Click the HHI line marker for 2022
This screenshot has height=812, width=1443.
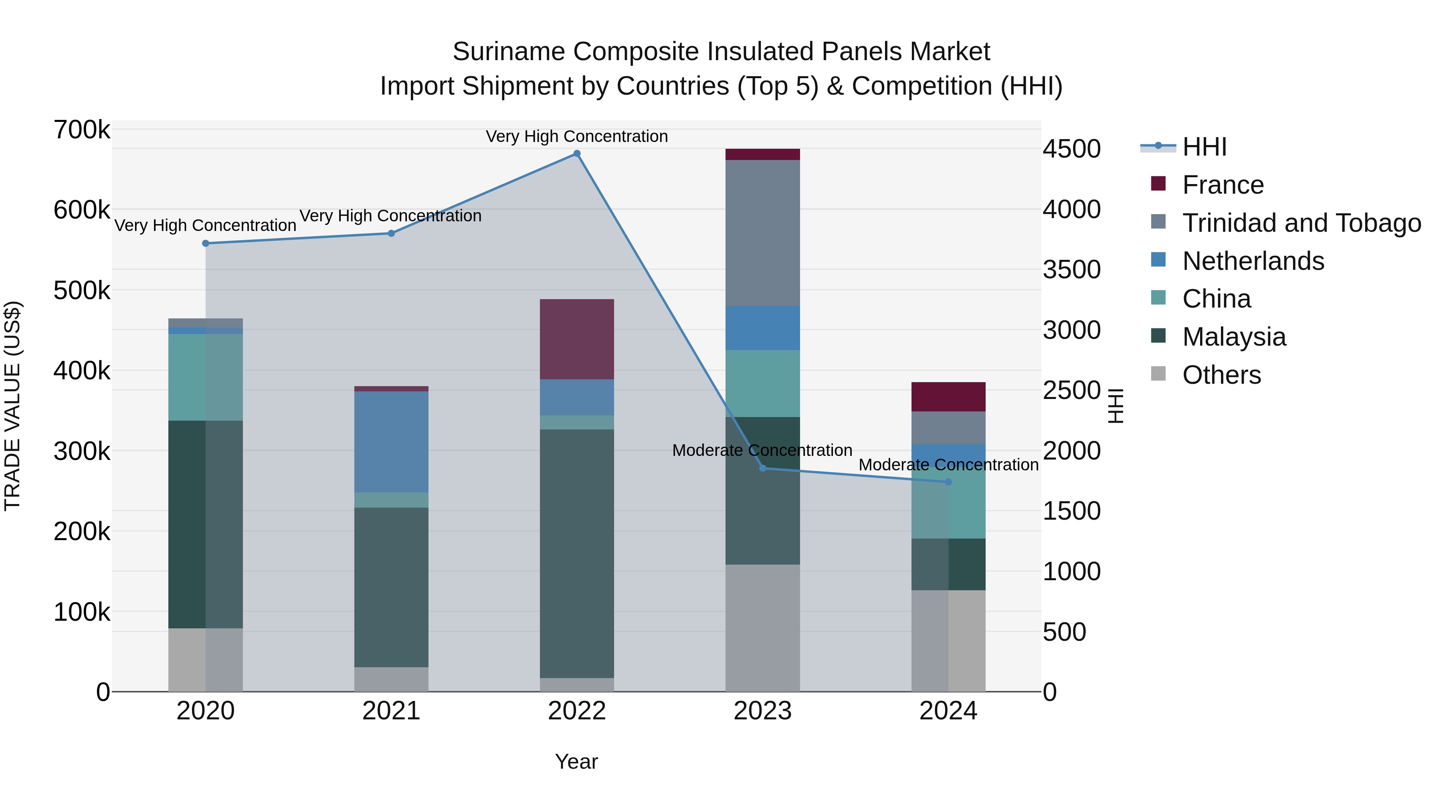tap(577, 154)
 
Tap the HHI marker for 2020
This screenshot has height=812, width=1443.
tap(206, 243)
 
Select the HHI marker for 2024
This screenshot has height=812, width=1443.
tap(948, 482)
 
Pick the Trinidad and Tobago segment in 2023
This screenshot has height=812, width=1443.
tap(762, 233)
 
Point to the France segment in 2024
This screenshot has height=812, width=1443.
tap(948, 397)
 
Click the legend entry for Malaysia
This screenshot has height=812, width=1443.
tap(1234, 337)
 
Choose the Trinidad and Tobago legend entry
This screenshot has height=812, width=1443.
tap(1301, 223)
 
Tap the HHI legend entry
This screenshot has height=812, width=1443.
tap(1205, 147)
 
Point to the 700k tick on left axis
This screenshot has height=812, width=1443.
tap(82, 130)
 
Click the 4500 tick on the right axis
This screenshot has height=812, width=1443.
tap(1071, 149)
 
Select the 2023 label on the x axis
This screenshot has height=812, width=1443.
tap(762, 711)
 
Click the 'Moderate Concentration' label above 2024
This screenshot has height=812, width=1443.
tap(948, 465)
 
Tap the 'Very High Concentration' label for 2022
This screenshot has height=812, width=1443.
tap(576, 136)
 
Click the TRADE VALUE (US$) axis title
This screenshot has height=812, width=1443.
tap(12, 406)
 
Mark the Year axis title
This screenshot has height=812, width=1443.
tap(576, 761)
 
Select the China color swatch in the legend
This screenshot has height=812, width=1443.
tap(1158, 298)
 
